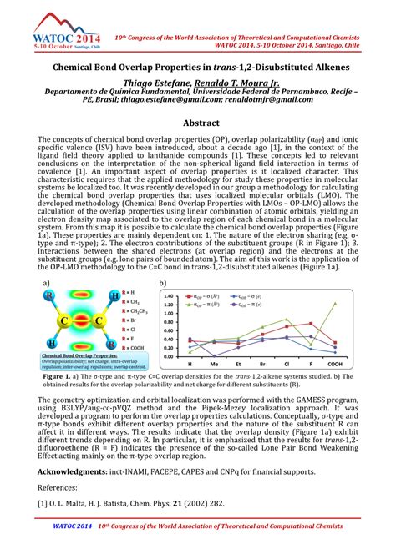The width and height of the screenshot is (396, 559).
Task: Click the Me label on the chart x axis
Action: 214,364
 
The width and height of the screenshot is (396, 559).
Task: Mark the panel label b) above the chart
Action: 162,284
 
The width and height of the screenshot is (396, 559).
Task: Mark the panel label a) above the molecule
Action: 47,284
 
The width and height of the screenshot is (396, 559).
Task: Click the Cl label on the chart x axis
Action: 285,364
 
